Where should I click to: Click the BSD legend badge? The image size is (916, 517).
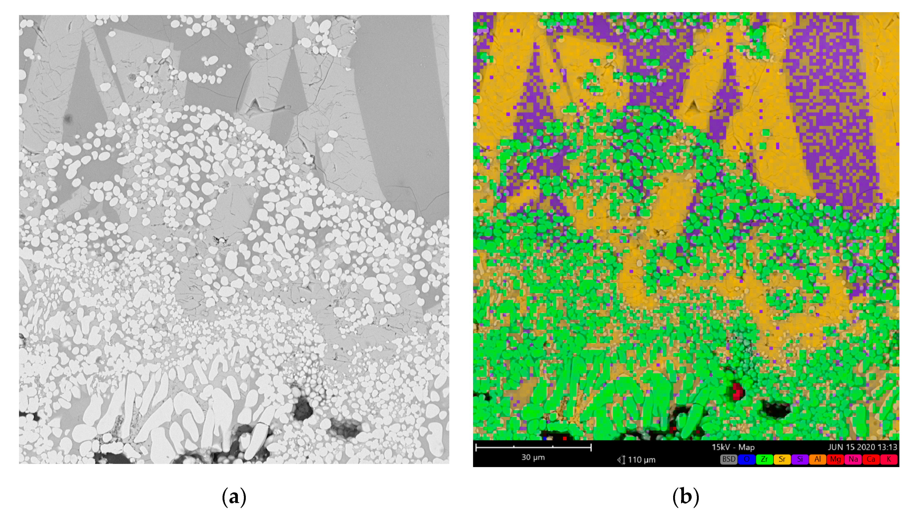click(728, 459)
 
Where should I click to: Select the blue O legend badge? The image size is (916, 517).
click(746, 459)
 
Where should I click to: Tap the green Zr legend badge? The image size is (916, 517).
click(764, 459)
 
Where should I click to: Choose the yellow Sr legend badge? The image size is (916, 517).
click(782, 459)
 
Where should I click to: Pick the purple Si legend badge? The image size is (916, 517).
click(799, 459)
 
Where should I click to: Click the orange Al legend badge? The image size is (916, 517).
click(817, 459)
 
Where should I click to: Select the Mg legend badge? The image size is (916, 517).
click(835, 459)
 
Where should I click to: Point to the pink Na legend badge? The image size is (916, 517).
click(853, 459)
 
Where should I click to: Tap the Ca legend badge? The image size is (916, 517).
click(871, 459)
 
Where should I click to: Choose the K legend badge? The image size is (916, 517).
click(888, 459)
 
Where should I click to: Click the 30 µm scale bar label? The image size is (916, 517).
click(533, 457)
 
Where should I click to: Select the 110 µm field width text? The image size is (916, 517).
click(641, 460)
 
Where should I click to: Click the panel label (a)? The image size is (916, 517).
click(234, 497)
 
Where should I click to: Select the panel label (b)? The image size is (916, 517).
click(685, 497)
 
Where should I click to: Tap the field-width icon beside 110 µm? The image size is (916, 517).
click(621, 460)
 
